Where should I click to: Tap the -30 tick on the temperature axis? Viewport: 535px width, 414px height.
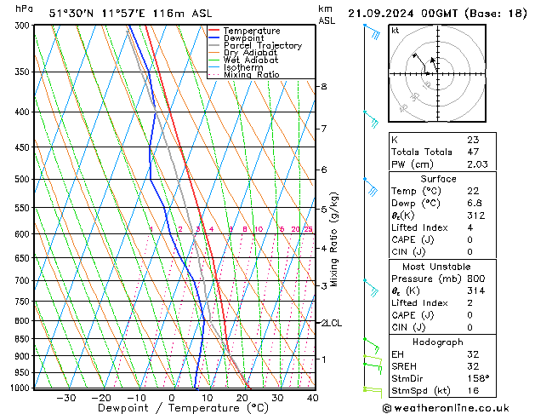coord(66,398)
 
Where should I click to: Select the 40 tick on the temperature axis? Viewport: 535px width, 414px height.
coord(313,398)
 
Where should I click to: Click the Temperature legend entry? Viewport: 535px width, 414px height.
coord(252,31)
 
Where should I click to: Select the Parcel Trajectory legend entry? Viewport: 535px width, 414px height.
coord(262,46)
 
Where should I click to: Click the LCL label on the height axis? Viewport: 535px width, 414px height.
coord(332,324)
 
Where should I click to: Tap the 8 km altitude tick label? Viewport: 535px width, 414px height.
coord(323,87)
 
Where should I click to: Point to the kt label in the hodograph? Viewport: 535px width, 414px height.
coord(395,30)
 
